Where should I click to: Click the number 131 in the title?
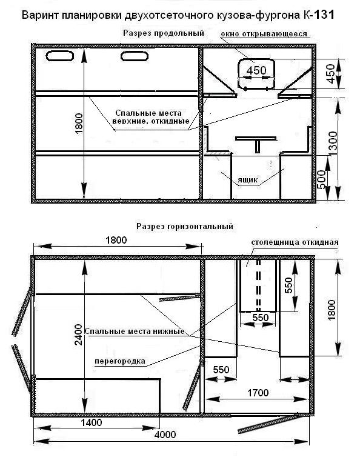[x=324, y=15]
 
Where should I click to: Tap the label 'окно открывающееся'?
[x=264, y=34]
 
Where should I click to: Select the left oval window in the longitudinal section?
[x=60, y=56]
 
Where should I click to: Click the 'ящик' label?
[x=247, y=180]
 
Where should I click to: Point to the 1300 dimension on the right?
[x=333, y=144]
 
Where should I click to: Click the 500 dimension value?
[x=322, y=179]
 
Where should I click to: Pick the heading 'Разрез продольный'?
[x=164, y=33]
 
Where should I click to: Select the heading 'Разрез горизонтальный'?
[x=185, y=227]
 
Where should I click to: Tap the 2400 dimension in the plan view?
[x=78, y=335]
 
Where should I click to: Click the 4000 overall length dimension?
[x=165, y=435]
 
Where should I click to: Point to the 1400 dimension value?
[x=92, y=422]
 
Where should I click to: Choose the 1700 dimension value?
[x=258, y=393]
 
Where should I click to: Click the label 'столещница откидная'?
[x=295, y=242]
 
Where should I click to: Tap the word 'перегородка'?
[x=120, y=361]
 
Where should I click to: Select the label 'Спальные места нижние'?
[x=135, y=331]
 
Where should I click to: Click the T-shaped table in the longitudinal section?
[x=256, y=144]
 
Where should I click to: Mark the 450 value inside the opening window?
[x=256, y=70]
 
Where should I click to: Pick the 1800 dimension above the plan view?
[x=116, y=240]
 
